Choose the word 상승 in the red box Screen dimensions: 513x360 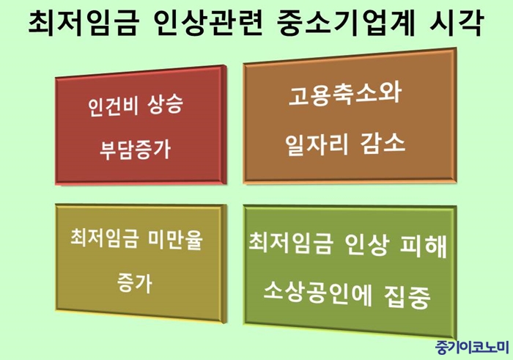tap(165, 105)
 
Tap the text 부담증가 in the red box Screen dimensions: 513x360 tap(135, 150)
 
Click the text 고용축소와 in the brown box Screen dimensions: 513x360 tap(345, 95)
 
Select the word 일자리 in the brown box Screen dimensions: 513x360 tap(317, 144)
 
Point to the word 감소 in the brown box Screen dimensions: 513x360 tap(383, 144)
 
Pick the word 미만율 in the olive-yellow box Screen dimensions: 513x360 tap(176, 239)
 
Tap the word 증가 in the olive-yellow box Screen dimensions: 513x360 tap(134, 283)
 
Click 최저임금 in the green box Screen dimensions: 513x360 tap(290, 243)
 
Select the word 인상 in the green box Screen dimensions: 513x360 tap(366, 244)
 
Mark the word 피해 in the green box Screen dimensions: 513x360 tap(424, 246)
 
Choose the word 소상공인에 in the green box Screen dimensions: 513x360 tap(317, 293)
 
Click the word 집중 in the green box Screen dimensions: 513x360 tap(407, 296)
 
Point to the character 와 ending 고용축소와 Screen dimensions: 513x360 tap(391, 95)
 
